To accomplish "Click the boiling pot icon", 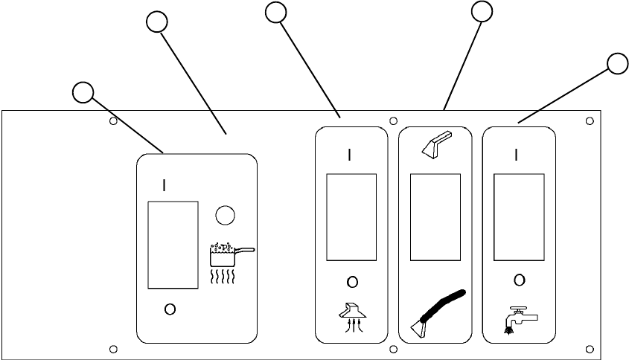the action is coord(232,263).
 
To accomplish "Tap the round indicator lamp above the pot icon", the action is coord(225,216).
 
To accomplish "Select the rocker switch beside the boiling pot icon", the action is coord(173,245).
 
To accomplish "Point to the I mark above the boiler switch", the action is coord(164,185).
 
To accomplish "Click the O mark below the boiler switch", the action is coord(170,309).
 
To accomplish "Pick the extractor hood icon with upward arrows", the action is coord(353,318).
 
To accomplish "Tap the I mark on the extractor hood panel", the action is coord(350,155).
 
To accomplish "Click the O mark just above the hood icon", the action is coord(352,282).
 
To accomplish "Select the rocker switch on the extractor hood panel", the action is coord(351,217).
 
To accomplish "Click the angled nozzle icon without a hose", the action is coord(437,143).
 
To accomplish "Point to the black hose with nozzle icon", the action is coord(438,313).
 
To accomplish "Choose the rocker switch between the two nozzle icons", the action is coord(435,217).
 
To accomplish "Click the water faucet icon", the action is coord(520,320).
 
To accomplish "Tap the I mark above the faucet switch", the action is coord(517,155).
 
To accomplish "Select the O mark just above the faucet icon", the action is coord(519,280).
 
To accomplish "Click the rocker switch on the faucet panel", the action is coord(519,217).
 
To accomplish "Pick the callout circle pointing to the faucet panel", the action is coord(617,64).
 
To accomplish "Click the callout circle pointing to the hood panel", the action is coord(276,13).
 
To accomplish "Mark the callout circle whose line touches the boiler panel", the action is coord(83,93).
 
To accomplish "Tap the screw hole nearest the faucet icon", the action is coord(590,349).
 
